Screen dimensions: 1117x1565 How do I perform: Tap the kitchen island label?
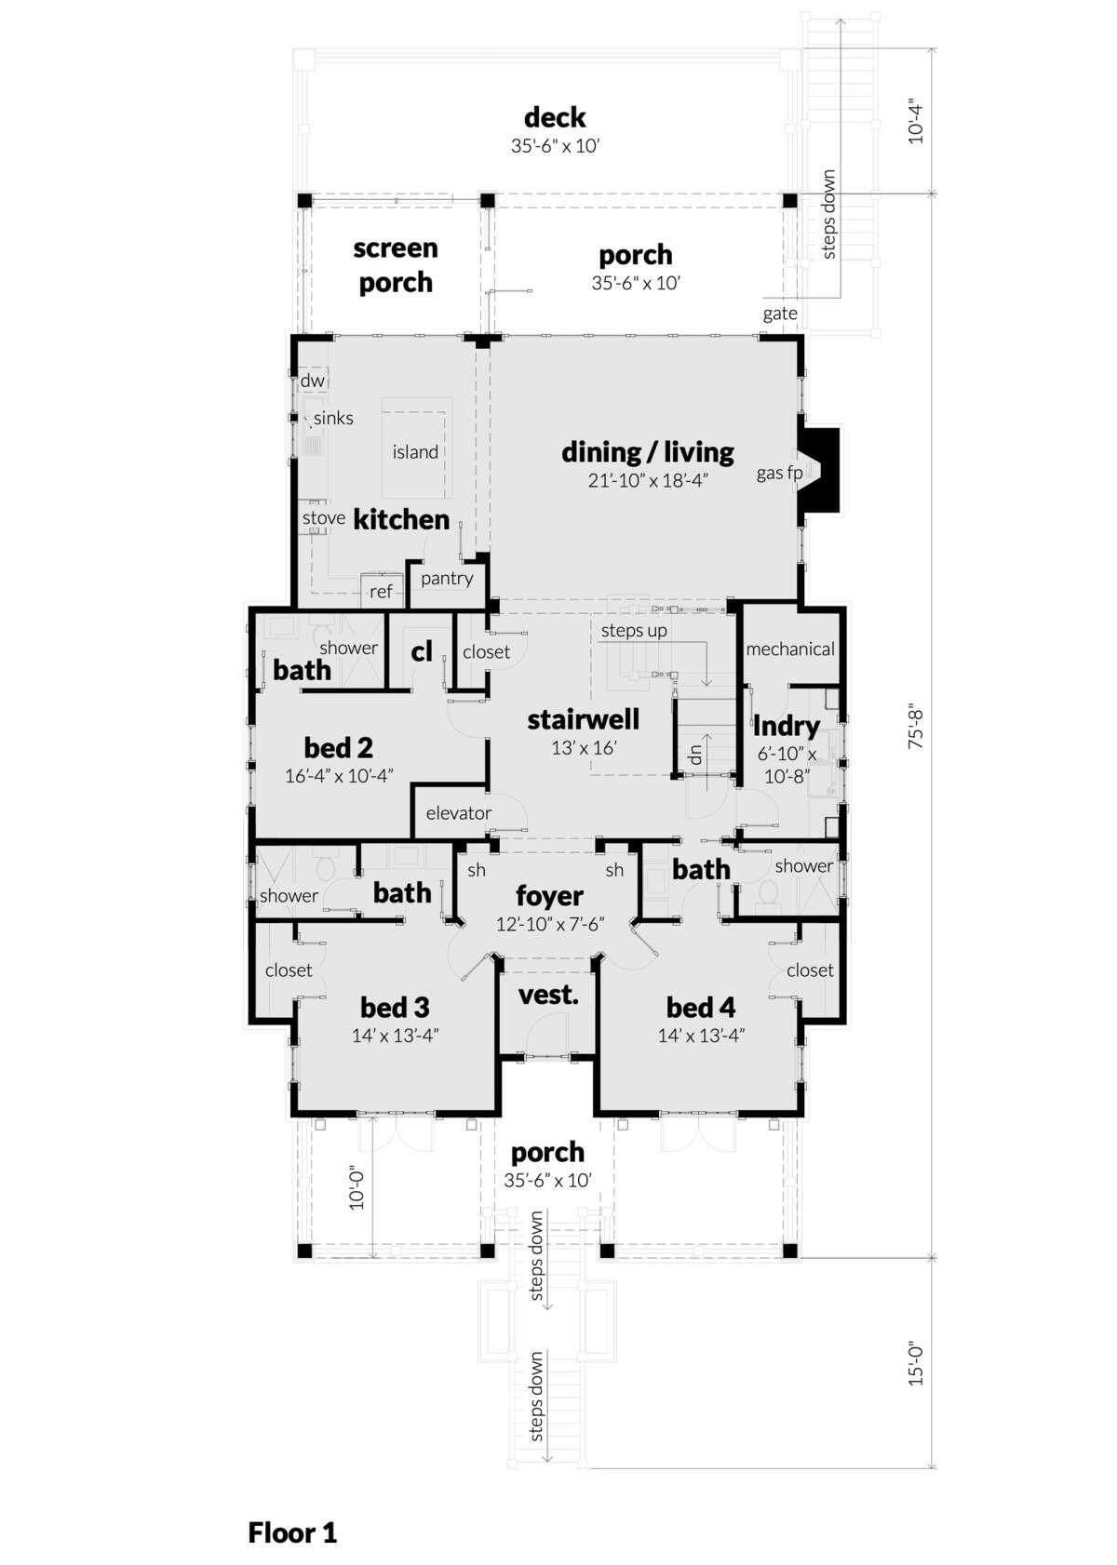415,452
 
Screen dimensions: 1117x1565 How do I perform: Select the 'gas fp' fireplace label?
779,473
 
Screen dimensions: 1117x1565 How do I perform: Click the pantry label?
447,579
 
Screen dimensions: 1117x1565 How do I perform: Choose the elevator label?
459,812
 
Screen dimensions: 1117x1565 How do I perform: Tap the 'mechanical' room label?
790,649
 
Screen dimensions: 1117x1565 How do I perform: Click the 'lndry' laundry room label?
786,727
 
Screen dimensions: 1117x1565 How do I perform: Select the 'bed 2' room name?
338,747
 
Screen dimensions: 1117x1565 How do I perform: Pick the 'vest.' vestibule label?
548,995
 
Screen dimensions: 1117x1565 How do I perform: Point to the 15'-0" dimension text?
916,1365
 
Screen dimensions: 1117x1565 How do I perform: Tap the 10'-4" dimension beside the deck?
916,123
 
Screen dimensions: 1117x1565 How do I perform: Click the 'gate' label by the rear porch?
780,314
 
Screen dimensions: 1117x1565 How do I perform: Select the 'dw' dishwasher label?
313,381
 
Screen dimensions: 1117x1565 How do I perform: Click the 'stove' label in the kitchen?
324,517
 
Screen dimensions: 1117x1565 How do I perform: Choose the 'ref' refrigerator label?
381,592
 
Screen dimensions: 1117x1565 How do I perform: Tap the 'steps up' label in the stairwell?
634,631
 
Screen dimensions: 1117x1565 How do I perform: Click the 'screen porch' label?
396,265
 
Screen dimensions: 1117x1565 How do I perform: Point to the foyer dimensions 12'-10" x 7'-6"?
550,924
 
